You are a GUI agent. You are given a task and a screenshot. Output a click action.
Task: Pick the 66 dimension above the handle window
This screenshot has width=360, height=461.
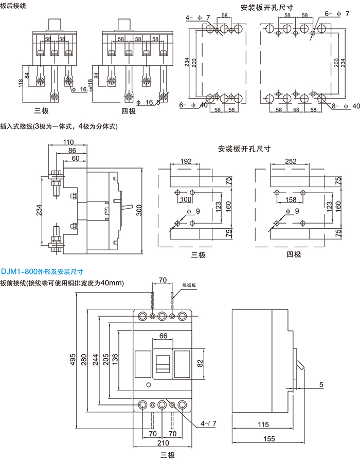[163, 336]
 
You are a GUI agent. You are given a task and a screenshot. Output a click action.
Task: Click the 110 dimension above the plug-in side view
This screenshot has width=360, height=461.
[68, 142]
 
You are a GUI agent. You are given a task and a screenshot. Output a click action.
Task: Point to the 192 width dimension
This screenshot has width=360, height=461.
[186, 161]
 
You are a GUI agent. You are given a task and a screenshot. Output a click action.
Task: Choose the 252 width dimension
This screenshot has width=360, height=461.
[291, 161]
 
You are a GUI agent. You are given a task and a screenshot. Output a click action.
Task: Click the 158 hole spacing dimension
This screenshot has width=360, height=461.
[291, 199]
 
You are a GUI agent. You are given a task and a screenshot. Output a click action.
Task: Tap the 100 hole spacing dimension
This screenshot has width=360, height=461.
[186, 199]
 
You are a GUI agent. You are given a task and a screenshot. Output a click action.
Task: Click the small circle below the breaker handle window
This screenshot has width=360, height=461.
[149, 385]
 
